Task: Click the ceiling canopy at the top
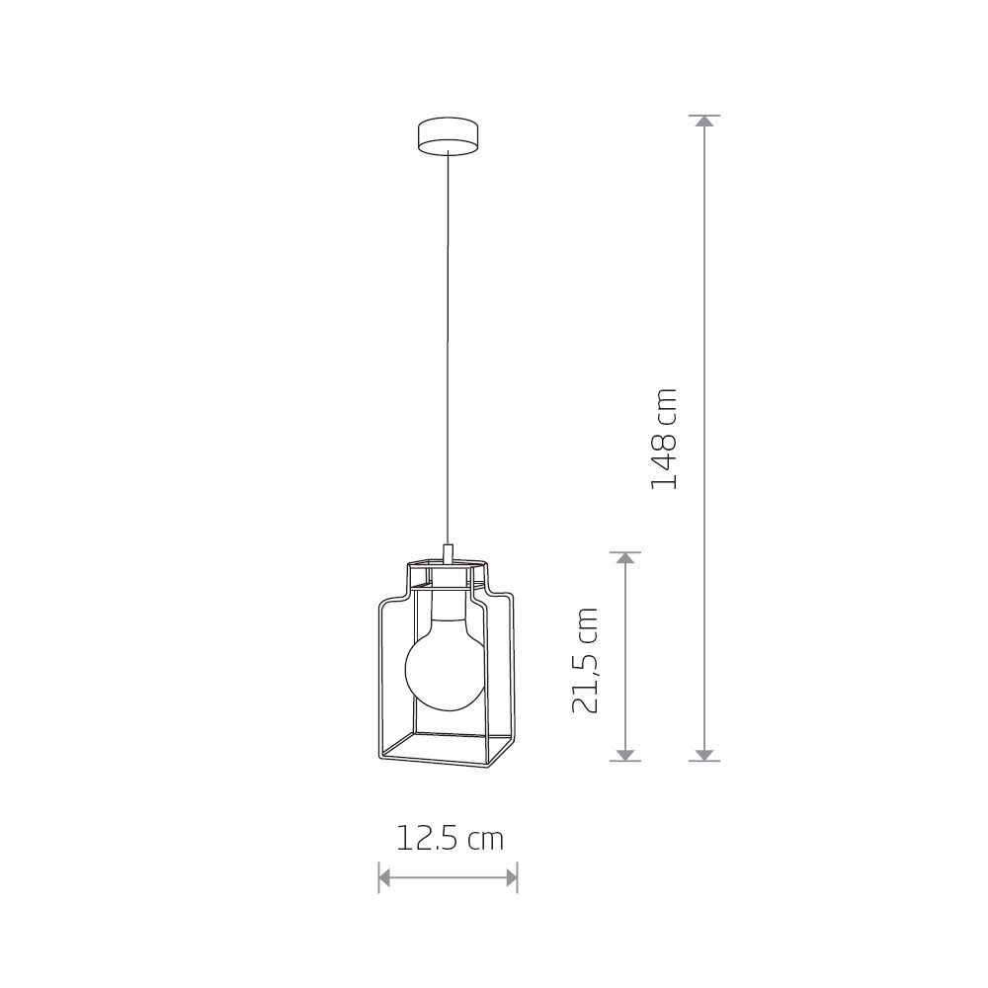click(x=448, y=135)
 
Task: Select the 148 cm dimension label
click(x=664, y=440)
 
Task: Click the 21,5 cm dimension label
click(x=585, y=660)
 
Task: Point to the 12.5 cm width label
click(x=450, y=839)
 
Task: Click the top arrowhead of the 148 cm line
click(x=703, y=121)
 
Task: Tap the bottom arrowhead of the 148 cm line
click(x=703, y=756)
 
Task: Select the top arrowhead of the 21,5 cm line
click(x=625, y=557)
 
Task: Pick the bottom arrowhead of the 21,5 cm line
click(x=625, y=756)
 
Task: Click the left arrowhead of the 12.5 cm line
click(x=383, y=877)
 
